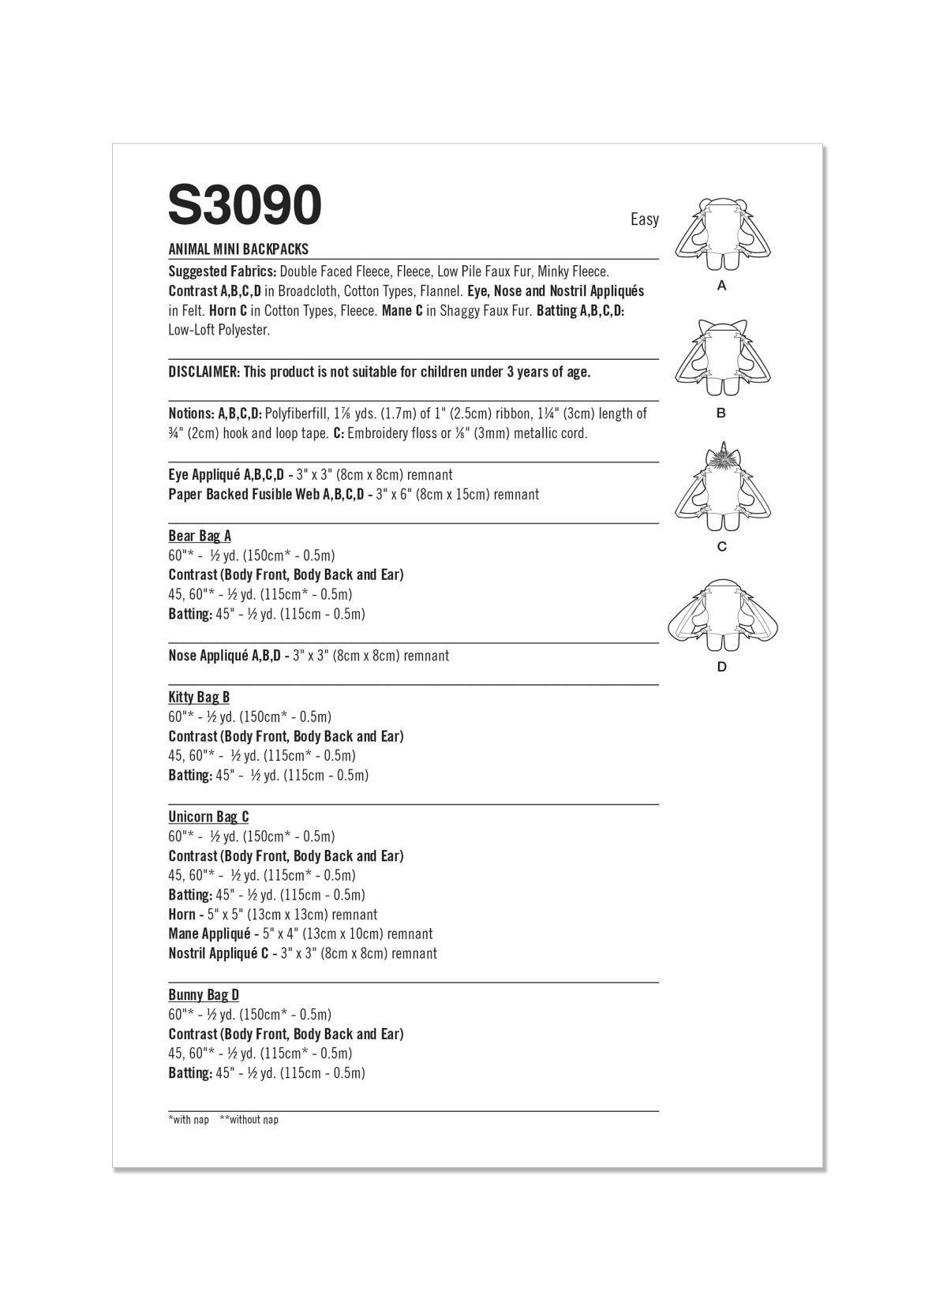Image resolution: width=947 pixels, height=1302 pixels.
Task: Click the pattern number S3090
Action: point(245,206)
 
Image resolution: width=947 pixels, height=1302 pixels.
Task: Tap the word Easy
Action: point(644,219)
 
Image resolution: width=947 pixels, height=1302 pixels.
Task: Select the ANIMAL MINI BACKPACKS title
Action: point(238,249)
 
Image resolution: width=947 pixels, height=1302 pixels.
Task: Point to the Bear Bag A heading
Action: point(200,537)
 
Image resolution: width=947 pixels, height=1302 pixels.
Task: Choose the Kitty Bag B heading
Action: point(199,698)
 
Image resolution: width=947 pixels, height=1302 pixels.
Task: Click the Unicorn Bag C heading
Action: point(208,817)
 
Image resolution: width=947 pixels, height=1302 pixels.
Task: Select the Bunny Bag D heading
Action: point(204,995)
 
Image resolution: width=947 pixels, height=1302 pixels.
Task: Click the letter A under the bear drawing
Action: point(721,287)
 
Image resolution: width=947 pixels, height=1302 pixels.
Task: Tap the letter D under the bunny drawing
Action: point(721,668)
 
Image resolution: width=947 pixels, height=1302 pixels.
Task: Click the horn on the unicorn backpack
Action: point(721,452)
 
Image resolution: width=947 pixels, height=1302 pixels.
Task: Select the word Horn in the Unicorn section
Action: point(182,915)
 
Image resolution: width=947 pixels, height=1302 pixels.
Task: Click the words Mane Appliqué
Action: point(209,934)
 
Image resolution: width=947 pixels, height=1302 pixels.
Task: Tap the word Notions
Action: point(190,413)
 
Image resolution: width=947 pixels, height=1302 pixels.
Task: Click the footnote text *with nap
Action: point(189,1120)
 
